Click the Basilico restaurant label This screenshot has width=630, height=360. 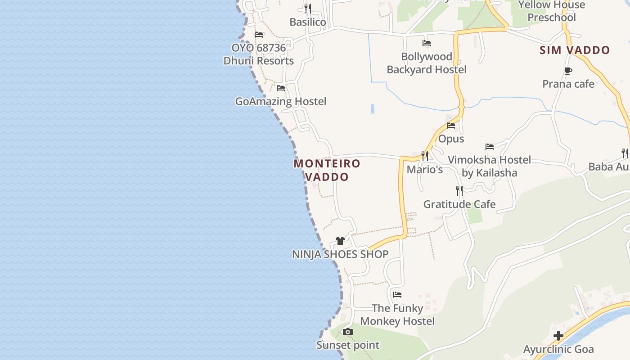point(308,22)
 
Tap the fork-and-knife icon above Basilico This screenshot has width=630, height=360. point(308,8)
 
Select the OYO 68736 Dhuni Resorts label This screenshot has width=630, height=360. point(259,54)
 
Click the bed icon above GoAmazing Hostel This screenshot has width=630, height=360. point(281,88)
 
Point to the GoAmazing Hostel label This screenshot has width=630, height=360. point(281,101)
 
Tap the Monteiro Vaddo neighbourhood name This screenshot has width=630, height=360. point(327,170)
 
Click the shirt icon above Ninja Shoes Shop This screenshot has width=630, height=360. point(340,241)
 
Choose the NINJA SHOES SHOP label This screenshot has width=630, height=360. point(340,254)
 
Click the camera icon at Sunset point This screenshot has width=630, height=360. point(347,332)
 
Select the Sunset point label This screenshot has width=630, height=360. point(348,345)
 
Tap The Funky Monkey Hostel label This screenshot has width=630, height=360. point(397,315)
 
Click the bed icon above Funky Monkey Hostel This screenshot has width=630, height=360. point(397,295)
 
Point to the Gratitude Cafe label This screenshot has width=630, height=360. point(459,204)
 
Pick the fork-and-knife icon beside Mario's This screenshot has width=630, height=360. point(424,156)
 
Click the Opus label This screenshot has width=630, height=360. point(451,139)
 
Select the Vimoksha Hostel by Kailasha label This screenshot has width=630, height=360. point(490,166)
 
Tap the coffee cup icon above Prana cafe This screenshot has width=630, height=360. point(568,71)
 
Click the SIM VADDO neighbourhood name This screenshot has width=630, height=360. point(575,50)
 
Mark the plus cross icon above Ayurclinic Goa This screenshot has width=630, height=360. point(558,336)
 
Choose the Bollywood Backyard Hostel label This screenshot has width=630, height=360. point(427,63)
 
